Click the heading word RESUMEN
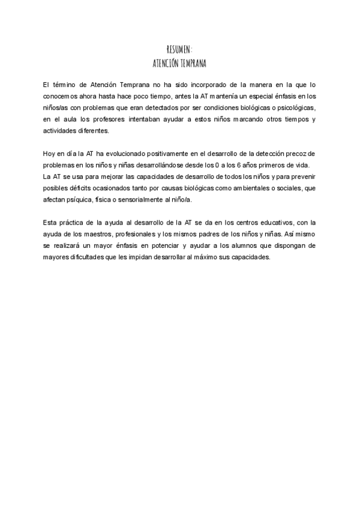(x=179, y=49)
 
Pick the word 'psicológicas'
(x=293, y=107)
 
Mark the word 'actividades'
(x=61, y=130)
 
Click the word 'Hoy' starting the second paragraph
(x=50, y=153)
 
